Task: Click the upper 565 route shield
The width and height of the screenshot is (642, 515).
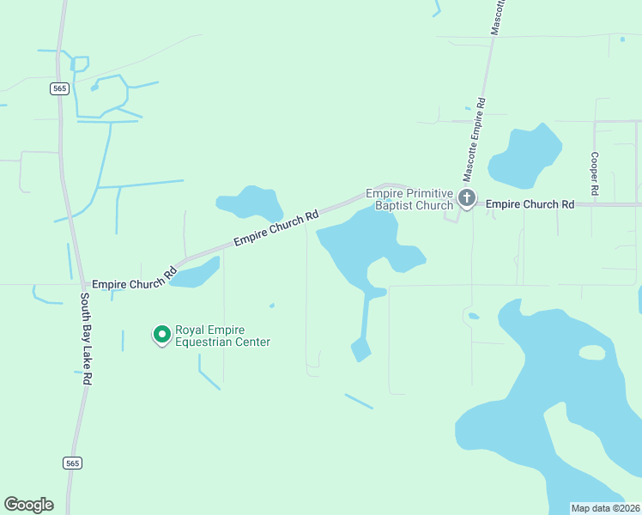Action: tap(59, 88)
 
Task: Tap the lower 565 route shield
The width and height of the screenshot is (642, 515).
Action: tap(73, 463)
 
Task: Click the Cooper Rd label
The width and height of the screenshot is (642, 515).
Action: tap(594, 172)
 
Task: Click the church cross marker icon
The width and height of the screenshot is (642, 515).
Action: tap(466, 199)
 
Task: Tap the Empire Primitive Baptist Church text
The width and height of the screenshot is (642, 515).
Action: tap(409, 199)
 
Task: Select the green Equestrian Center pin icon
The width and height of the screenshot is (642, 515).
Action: tap(160, 334)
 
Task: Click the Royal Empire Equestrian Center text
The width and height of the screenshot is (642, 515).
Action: tap(222, 336)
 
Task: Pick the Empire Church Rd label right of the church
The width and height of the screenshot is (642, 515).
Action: tap(530, 204)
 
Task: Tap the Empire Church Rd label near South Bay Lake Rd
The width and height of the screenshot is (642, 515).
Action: tap(134, 280)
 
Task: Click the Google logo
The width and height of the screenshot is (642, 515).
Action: tap(28, 505)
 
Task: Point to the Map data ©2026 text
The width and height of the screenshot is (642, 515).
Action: tap(606, 508)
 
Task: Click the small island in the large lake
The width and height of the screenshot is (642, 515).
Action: tap(591, 352)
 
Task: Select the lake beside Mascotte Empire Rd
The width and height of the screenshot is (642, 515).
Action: tap(523, 157)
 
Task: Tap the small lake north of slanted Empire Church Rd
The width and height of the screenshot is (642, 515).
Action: tap(249, 203)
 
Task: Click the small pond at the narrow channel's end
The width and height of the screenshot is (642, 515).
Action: tap(360, 348)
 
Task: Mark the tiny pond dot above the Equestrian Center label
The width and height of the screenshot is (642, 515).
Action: tap(272, 305)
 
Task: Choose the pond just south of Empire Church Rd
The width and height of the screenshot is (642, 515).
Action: tap(197, 274)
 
